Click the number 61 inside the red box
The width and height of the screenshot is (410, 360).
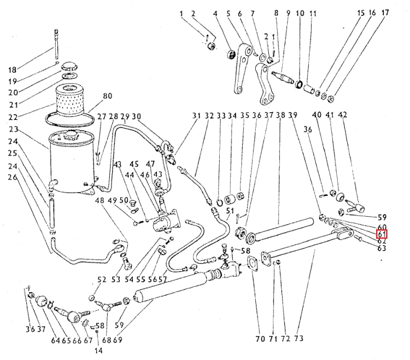point(382,235)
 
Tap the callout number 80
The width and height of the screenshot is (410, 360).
point(107,97)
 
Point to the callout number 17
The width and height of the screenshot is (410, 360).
point(385,13)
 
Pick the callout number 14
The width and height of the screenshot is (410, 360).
point(97,350)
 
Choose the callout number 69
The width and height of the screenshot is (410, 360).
point(118,340)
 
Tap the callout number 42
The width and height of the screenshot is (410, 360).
point(343,115)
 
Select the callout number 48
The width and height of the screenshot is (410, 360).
point(99,200)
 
